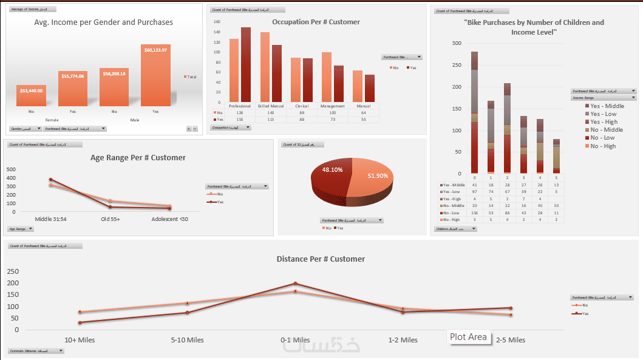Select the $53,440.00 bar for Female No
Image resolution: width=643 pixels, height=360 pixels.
click(x=31, y=95)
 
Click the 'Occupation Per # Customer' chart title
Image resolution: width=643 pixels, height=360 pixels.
click(x=316, y=22)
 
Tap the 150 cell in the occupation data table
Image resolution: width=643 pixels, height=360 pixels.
click(x=239, y=119)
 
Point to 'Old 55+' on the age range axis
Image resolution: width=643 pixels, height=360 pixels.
click(x=110, y=219)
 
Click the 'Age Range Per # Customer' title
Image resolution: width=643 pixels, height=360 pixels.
click(x=138, y=158)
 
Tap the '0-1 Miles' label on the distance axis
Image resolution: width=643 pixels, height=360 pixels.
click(x=296, y=340)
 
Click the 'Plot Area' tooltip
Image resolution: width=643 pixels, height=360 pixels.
click(x=468, y=337)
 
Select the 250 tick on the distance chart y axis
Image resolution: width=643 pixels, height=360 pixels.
click(x=12, y=271)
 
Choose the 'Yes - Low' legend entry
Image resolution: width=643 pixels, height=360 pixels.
click(x=603, y=114)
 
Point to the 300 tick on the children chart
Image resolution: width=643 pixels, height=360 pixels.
click(x=457, y=43)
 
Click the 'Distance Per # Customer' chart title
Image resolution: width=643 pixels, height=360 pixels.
click(x=321, y=259)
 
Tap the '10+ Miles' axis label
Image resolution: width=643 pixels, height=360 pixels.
click(x=80, y=340)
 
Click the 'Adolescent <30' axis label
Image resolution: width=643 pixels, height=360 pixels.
click(x=170, y=219)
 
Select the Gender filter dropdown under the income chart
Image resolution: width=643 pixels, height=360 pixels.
click(x=26, y=129)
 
